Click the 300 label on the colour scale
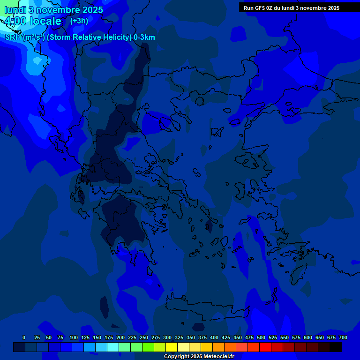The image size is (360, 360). (167, 337)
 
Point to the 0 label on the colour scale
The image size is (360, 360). (24, 337)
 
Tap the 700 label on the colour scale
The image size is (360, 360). (343, 337)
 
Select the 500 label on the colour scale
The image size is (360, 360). (261, 337)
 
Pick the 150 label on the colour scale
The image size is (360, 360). (97, 337)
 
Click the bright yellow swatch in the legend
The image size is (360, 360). (172, 347)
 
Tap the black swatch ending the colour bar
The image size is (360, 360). (336, 347)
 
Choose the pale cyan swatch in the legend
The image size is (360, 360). (113, 347)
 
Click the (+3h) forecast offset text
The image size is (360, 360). (79, 21)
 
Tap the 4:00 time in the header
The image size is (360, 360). (15, 21)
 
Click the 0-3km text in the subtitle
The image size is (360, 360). (144, 37)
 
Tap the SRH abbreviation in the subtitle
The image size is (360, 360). (13, 37)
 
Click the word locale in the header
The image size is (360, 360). (45, 21)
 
